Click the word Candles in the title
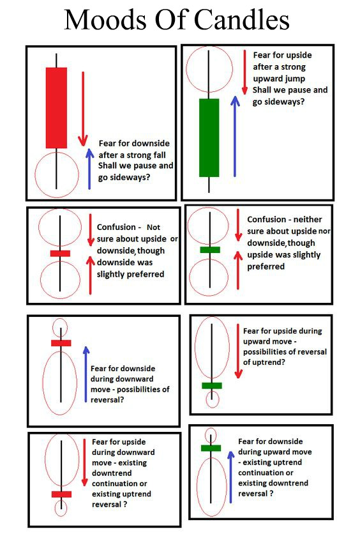click(242, 20)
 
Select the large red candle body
click(56, 108)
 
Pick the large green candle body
click(209, 137)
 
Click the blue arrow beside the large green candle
click(235, 136)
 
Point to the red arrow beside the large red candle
click(82, 109)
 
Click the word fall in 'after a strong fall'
click(159, 155)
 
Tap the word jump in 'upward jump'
click(296, 79)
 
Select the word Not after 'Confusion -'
click(153, 227)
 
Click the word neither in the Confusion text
click(308, 220)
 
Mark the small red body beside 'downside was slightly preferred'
click(60, 253)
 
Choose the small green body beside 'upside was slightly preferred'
click(210, 250)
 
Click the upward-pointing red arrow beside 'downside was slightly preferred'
click(90, 275)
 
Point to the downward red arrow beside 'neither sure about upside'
click(238, 225)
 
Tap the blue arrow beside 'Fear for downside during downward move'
click(86, 374)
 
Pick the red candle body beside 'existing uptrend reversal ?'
click(61, 494)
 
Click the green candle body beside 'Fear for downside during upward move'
click(211, 448)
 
